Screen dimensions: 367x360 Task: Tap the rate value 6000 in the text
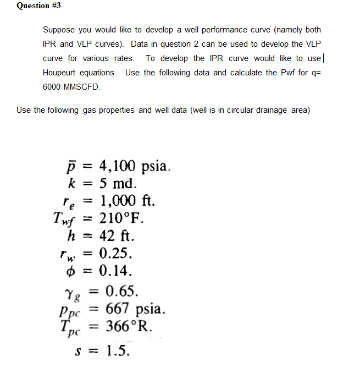pyautogui.click(x=51, y=87)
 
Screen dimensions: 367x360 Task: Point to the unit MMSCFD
pyautogui.click(x=82, y=87)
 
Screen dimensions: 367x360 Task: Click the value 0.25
pyautogui.click(x=116, y=253)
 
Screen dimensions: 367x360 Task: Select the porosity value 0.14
pyautogui.click(x=116, y=270)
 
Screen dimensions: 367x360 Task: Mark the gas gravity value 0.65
pyautogui.click(x=125, y=291)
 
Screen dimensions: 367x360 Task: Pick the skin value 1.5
pyautogui.click(x=119, y=349)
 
